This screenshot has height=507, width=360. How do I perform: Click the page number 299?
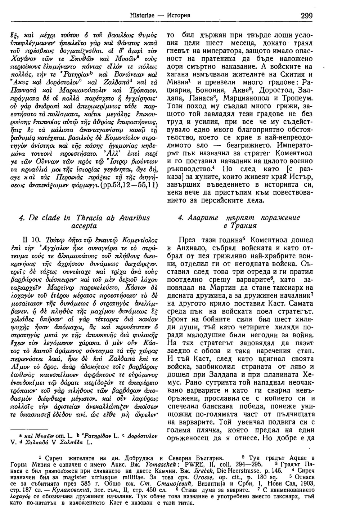pos(306,15)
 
